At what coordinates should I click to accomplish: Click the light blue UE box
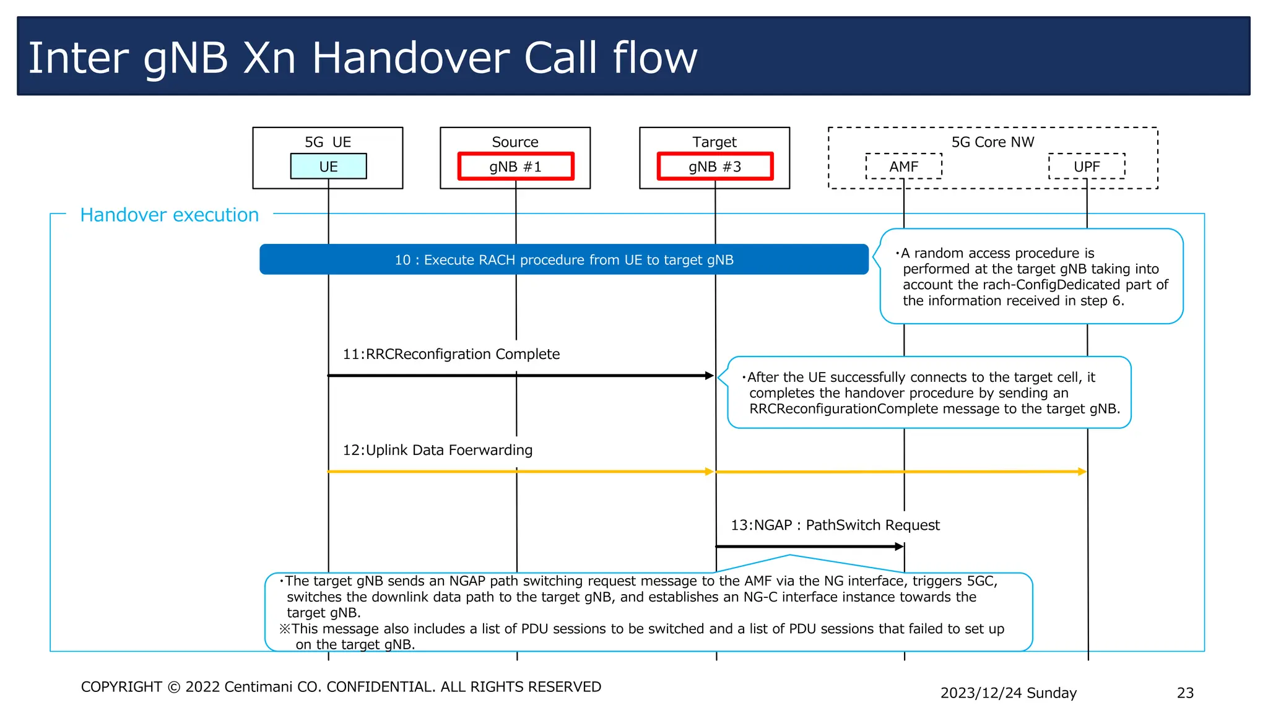[328, 166]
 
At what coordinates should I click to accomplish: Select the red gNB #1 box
[516, 166]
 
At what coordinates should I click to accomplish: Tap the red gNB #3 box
[715, 166]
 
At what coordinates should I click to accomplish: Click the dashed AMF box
[903, 166]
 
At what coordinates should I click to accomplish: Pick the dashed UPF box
[1087, 166]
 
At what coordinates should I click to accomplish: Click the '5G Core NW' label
[992, 142]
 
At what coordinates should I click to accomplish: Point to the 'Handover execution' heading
[170, 215]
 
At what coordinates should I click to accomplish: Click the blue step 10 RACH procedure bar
[564, 260]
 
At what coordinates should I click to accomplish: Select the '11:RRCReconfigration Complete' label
[451, 354]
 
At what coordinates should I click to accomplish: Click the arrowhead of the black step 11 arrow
[710, 376]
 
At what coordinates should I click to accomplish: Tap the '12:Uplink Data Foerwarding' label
[437, 450]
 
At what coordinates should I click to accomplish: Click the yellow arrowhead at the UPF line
[1082, 472]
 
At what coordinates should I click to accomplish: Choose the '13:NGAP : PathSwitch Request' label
[835, 525]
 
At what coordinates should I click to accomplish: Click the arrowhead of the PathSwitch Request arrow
[900, 547]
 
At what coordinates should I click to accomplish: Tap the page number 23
[1184, 693]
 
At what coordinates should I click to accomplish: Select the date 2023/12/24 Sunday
[1008, 693]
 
